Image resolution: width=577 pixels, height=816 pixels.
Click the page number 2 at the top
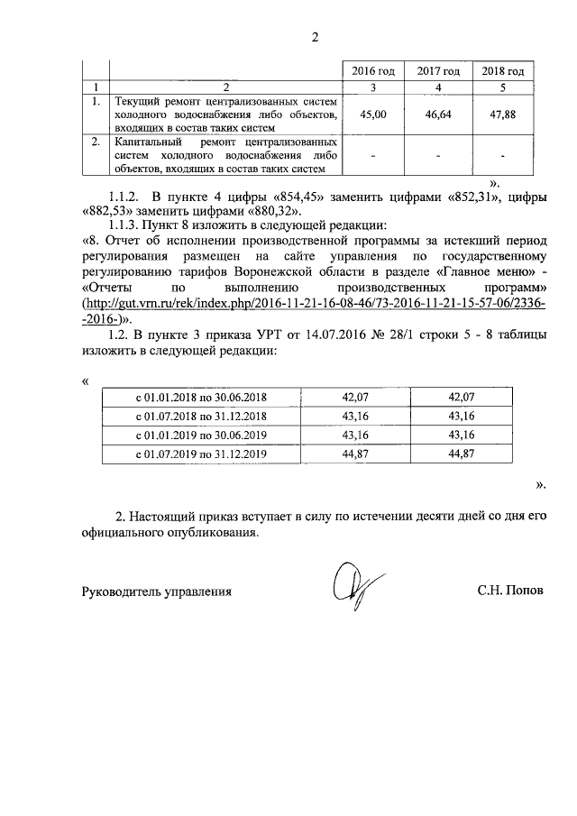click(x=316, y=37)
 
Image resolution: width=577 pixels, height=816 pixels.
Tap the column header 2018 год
click(x=503, y=71)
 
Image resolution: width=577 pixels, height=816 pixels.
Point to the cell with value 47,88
click(x=503, y=115)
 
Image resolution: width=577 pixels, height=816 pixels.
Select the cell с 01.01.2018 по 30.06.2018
click(x=201, y=397)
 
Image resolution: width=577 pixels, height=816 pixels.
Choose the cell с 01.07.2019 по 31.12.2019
click(x=201, y=454)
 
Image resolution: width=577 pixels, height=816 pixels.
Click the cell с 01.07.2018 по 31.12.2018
click(x=201, y=416)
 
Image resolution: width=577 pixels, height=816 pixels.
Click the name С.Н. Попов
click(x=511, y=592)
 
